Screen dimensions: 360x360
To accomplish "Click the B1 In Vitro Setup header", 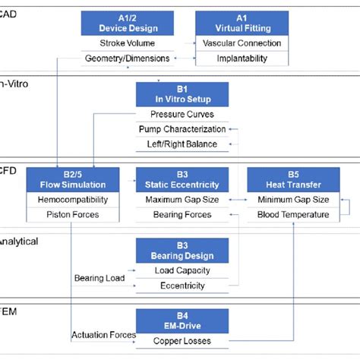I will click(182, 94).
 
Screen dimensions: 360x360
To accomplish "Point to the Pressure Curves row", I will click(182, 115).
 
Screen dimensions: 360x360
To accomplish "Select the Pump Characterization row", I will click(182, 129).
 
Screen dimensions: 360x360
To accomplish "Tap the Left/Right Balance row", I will click(182, 144).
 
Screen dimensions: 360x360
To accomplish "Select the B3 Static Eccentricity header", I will click(182, 179).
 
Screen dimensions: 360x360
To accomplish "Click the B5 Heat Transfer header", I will click(292, 179).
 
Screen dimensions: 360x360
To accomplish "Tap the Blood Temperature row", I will click(292, 214).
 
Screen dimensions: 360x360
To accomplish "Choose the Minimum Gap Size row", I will click(292, 200).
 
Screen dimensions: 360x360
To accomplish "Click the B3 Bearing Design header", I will click(182, 250).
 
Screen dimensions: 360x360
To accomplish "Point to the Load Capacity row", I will click(182, 270).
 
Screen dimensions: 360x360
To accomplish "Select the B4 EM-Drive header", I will click(182, 321).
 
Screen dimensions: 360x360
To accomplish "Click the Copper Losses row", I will click(182, 341).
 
